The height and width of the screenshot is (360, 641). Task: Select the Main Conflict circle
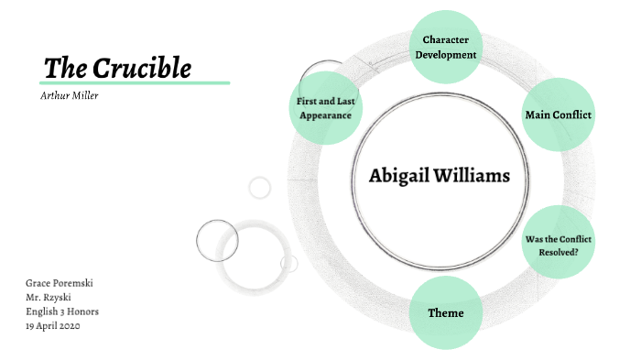click(x=558, y=115)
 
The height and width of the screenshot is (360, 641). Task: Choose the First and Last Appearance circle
click(x=325, y=109)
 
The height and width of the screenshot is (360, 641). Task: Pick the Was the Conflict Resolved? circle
click(x=558, y=245)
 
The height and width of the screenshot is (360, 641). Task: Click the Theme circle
click(x=446, y=313)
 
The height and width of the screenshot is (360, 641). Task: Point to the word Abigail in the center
click(x=398, y=176)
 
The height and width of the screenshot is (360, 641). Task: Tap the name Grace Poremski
click(x=59, y=283)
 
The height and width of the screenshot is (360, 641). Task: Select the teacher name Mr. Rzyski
click(x=50, y=298)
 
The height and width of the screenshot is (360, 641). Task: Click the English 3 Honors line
click(x=62, y=311)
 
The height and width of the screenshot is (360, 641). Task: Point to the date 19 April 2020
click(x=53, y=326)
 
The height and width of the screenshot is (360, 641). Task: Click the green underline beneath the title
click(x=136, y=82)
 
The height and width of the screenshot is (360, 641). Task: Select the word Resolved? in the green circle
click(x=558, y=251)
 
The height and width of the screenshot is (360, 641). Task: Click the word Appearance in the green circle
click(x=325, y=116)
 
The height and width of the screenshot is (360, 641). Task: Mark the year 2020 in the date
click(x=70, y=326)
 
